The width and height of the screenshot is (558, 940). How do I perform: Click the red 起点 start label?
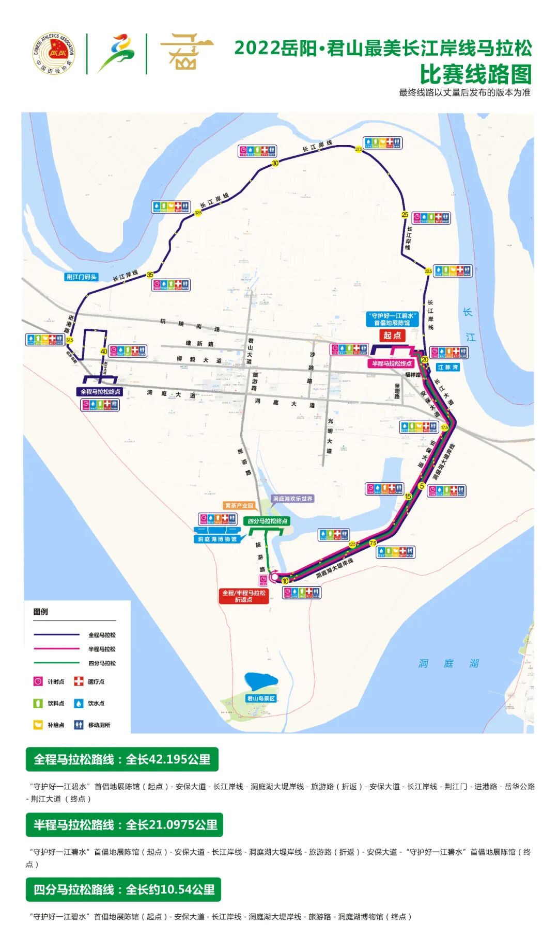pos(392,336)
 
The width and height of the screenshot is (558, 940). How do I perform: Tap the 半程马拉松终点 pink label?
pos(392,363)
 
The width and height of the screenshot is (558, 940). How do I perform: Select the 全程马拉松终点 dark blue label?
pos(100,392)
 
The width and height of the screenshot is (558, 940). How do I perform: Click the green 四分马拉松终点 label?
pos(267,521)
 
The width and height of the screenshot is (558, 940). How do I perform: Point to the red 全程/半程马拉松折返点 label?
pos(244,596)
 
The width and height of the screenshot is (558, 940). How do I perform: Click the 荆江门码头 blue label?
pos(82,277)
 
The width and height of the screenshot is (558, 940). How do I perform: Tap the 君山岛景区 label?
pos(261,698)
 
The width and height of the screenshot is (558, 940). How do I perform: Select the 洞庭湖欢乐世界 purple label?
pos(293,499)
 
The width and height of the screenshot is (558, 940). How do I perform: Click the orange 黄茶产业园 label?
pos(239,505)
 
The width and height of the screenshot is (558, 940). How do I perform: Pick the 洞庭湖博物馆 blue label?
pos(217,539)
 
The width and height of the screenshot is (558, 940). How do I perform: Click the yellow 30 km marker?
pos(275,163)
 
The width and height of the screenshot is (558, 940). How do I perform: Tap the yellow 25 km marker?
pos(405,215)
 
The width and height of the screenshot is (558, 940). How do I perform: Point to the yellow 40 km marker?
pos(104,352)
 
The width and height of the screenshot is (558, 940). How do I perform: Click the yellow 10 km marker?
pos(285,581)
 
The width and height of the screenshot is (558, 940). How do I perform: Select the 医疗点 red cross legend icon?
pos(79,681)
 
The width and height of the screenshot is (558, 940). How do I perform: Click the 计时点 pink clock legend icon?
pos(38,681)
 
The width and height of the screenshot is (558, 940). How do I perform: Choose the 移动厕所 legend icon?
pos(79,725)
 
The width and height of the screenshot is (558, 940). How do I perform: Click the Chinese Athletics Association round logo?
pos(54,53)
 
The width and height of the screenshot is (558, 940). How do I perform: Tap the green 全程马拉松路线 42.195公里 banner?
pos(122,759)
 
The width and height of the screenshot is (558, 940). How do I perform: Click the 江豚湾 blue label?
pos(447,367)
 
